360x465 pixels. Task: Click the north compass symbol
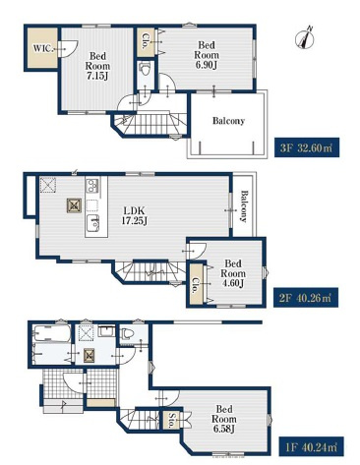(x=305, y=38)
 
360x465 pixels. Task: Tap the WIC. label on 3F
(x=42, y=48)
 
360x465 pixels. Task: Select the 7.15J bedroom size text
(x=97, y=76)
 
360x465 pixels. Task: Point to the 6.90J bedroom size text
(x=207, y=65)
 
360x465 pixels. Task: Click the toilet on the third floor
(x=145, y=69)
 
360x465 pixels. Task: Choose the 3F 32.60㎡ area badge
(x=307, y=147)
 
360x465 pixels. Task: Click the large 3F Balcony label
(x=228, y=121)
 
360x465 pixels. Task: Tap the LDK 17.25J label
(x=134, y=215)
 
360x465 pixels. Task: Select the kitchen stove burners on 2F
(x=92, y=186)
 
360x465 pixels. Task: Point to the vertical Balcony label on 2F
(x=244, y=206)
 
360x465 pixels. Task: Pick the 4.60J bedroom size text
(x=232, y=283)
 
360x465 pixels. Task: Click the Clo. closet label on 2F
(x=195, y=285)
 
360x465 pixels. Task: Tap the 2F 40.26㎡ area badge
(x=306, y=298)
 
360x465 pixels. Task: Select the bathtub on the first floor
(x=52, y=333)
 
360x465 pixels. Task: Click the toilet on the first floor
(x=128, y=333)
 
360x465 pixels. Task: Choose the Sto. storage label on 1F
(x=171, y=420)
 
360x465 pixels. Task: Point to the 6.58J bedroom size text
(x=223, y=429)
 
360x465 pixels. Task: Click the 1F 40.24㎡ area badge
(x=312, y=446)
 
